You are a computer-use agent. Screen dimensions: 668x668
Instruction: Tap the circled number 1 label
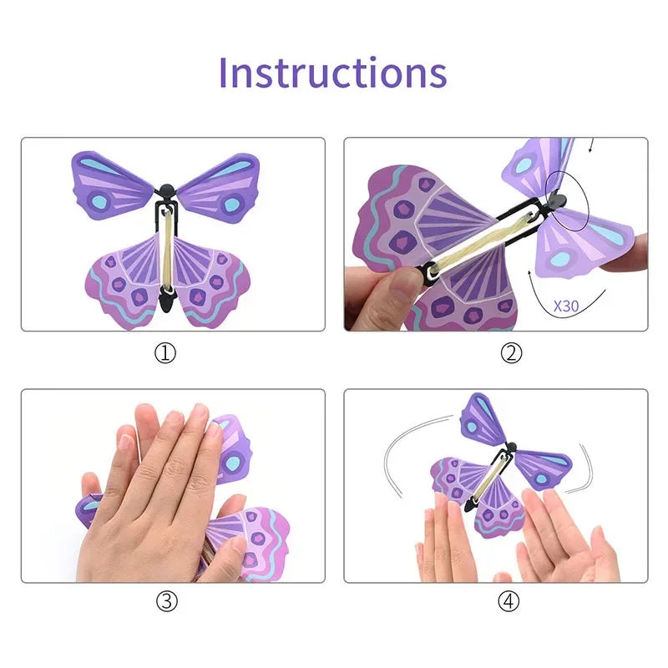point(166,353)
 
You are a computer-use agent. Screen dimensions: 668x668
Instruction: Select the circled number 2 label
point(511,353)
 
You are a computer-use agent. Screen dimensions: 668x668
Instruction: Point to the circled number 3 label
point(166,601)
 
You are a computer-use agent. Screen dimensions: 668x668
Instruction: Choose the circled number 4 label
point(511,601)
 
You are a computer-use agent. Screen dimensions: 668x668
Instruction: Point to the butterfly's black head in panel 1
point(167,190)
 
